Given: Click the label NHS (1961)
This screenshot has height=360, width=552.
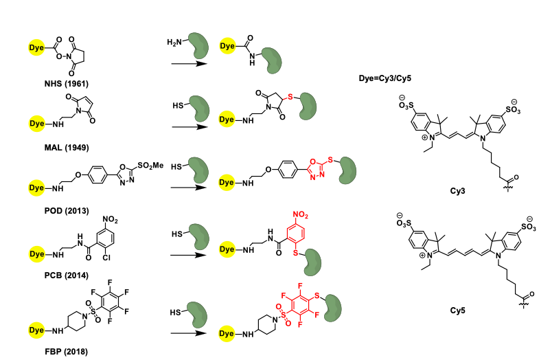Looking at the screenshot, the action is click(x=66, y=84).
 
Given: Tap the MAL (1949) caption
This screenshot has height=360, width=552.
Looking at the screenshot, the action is click(x=67, y=147).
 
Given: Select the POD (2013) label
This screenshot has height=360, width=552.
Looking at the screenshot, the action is click(x=67, y=211).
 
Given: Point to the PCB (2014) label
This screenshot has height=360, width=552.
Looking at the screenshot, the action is click(x=66, y=275).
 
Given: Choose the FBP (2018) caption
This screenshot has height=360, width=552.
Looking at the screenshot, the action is click(x=66, y=351).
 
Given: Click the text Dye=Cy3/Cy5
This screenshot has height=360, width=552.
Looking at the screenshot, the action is click(x=384, y=78).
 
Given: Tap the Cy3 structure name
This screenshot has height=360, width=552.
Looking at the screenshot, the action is click(x=457, y=191).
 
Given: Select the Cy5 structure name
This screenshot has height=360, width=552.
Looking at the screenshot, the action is click(x=457, y=311).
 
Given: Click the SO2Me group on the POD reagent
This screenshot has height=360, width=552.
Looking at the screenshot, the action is click(x=150, y=165).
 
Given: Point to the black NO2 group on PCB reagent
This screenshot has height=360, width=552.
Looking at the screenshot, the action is click(x=110, y=220).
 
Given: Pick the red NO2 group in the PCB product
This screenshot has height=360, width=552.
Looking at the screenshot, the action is click(x=300, y=214).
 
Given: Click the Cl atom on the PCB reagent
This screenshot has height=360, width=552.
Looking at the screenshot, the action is click(x=106, y=258).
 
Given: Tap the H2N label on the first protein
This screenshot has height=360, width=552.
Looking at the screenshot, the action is click(x=174, y=43).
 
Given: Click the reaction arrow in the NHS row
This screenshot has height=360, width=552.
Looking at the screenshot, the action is click(x=189, y=64).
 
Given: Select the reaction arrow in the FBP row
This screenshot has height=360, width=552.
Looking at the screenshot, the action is click(x=188, y=333).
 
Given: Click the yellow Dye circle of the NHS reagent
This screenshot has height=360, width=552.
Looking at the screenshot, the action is click(x=36, y=47).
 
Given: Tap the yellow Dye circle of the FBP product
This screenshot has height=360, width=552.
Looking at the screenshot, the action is click(x=227, y=333).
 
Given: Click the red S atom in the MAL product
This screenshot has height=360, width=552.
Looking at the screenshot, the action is click(x=290, y=96).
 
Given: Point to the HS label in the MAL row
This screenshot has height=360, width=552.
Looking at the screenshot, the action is click(x=178, y=105).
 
